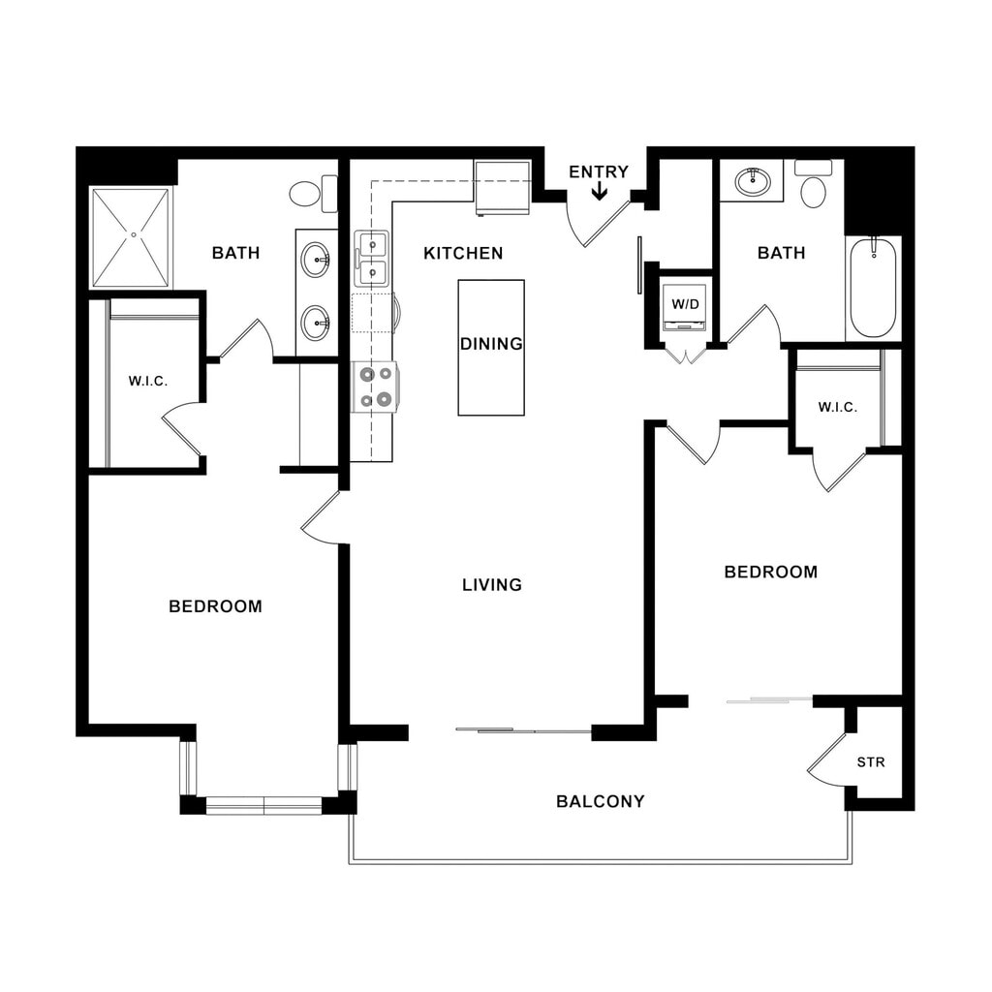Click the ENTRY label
(599, 171)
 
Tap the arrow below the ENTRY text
(599, 191)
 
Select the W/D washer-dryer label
(685, 304)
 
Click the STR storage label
(871, 762)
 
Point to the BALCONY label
(601, 801)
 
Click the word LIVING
(492, 584)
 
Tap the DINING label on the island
(491, 344)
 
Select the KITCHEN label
(463, 253)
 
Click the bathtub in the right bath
(874, 289)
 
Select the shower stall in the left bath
(131, 236)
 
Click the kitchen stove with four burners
(375, 387)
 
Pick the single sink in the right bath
(753, 182)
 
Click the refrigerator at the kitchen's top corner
(503, 188)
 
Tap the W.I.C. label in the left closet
(148, 382)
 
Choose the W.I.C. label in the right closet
(838, 408)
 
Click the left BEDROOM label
(216, 606)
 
